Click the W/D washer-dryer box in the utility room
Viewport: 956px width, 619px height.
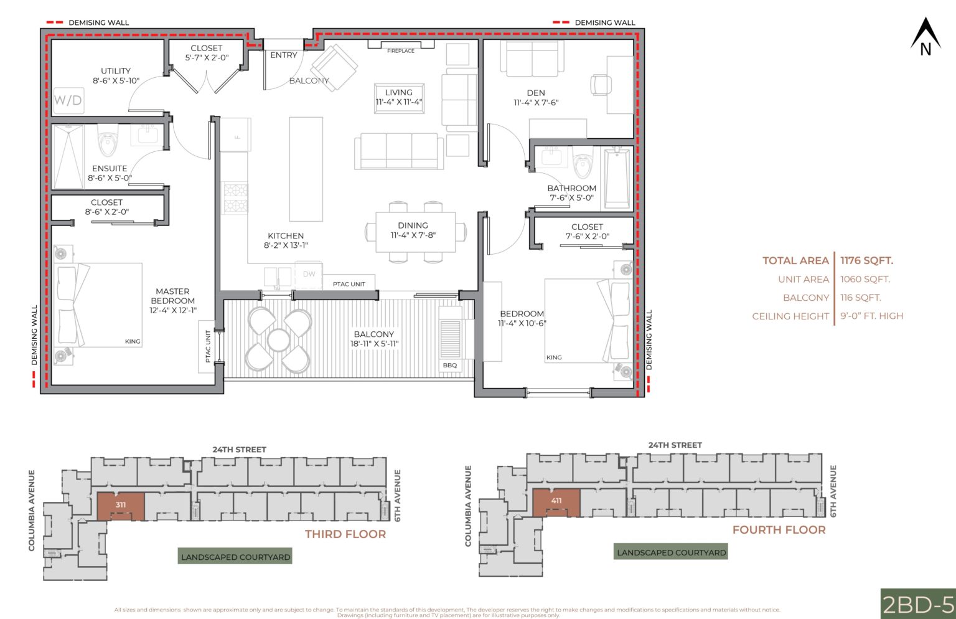(68, 100)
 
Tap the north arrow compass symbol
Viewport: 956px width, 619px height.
(926, 37)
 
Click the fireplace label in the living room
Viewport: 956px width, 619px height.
(401, 51)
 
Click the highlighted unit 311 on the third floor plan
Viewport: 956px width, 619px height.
(121, 506)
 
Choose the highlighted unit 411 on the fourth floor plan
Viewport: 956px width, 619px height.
(556, 502)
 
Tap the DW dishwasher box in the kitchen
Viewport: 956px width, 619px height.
(309, 274)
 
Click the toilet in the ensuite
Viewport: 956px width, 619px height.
(108, 141)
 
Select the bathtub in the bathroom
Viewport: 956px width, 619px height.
(617, 177)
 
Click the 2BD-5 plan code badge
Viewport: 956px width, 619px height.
(918, 603)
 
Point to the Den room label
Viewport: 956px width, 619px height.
(536, 93)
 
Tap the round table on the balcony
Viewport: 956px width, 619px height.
(278, 340)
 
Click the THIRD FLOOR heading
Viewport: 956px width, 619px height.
(345, 534)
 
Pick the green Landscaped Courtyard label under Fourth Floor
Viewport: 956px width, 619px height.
(671, 552)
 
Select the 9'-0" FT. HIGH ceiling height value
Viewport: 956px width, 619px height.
(871, 316)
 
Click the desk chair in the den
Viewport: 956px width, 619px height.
(601, 84)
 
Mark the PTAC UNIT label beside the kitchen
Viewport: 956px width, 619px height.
(349, 284)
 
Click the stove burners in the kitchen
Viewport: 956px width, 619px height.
(235, 198)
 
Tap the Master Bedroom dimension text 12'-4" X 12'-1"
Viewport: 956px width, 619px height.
(172, 310)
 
